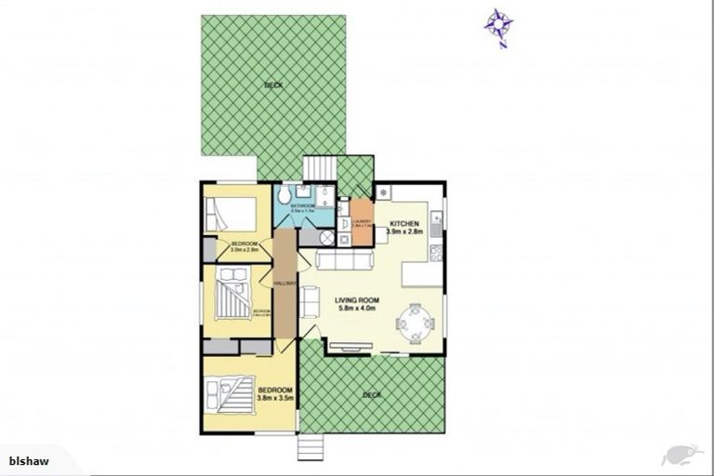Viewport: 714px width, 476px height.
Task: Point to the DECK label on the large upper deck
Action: point(272,85)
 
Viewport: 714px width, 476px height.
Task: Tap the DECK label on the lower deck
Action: point(372,395)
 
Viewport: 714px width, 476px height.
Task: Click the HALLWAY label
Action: point(284,284)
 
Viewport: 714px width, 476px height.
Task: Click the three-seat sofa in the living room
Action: point(344,261)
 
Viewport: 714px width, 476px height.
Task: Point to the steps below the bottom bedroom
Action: point(309,446)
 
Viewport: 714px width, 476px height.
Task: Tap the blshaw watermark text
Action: point(29,460)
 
